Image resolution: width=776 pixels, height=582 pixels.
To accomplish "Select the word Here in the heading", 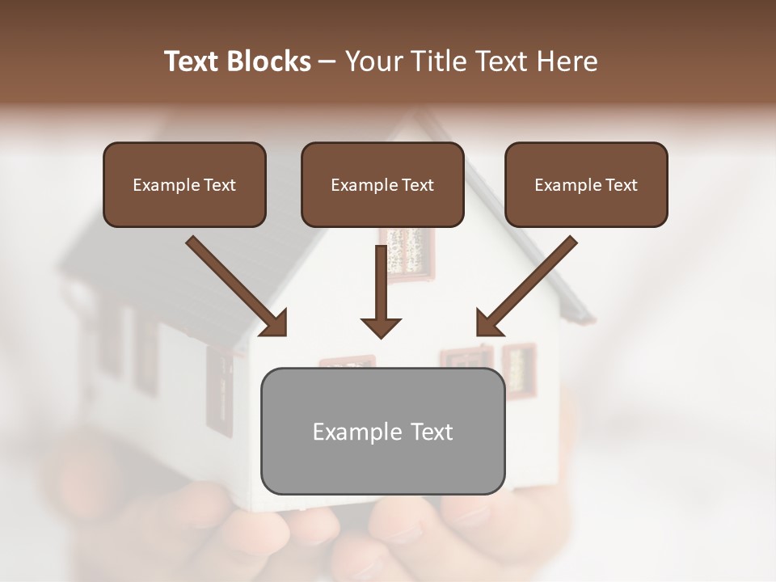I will click(x=566, y=61).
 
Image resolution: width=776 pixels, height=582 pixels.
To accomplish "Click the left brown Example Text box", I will click(x=184, y=184).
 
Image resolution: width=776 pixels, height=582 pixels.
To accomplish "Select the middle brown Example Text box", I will click(x=382, y=184).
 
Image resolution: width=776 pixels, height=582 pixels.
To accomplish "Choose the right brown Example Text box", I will click(x=586, y=184).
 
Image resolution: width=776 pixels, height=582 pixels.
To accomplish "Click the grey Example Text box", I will click(x=382, y=431).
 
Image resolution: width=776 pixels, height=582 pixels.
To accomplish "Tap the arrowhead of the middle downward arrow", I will click(x=382, y=327).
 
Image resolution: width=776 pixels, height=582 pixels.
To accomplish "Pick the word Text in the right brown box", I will click(x=622, y=185).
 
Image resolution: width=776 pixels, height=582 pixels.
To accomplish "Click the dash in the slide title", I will click(x=327, y=61).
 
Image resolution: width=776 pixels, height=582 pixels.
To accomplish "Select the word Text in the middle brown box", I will click(x=418, y=185).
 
